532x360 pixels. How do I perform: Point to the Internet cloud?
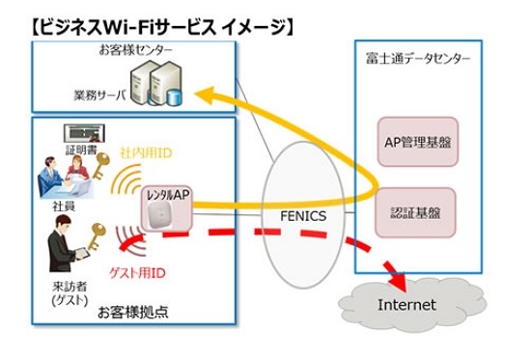pos(406,304)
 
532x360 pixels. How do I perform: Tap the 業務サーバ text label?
pos(99,96)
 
